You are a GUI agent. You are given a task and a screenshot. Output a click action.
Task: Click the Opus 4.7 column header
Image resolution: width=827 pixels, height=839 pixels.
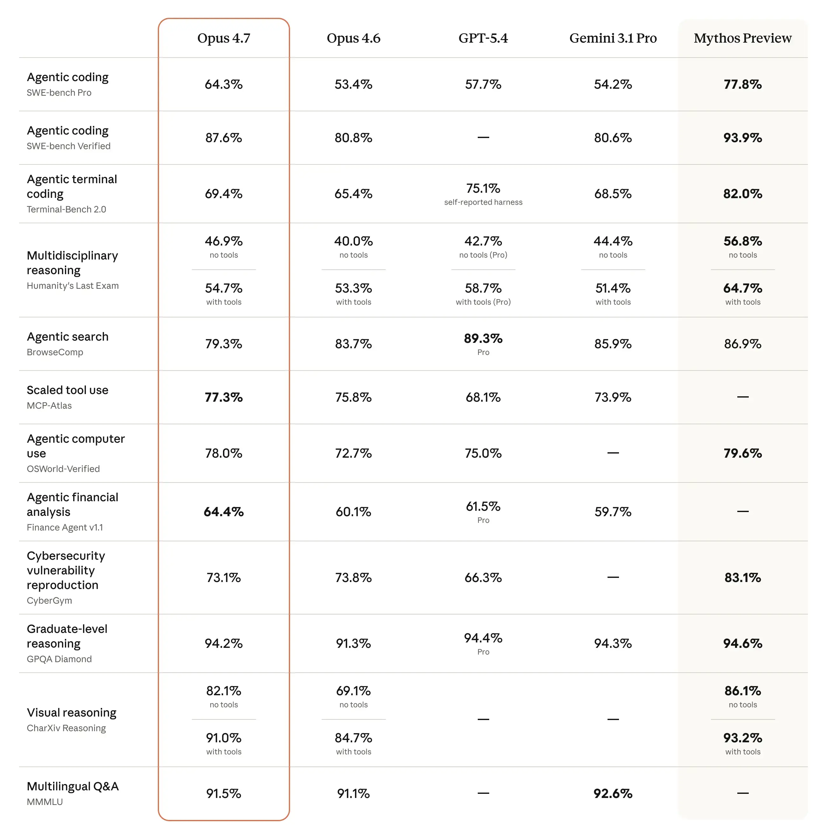pos(224,38)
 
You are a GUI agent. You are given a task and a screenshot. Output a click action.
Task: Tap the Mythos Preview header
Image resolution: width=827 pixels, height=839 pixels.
pos(742,38)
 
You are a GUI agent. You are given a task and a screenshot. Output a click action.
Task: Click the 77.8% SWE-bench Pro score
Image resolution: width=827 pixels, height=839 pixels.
pos(742,84)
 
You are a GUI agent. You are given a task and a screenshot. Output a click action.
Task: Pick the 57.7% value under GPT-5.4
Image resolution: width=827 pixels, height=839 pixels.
pos(483,84)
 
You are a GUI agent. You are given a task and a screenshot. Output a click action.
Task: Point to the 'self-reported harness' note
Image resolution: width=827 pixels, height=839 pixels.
pos(483,202)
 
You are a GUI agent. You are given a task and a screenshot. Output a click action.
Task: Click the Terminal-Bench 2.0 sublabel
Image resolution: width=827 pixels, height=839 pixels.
pos(66,209)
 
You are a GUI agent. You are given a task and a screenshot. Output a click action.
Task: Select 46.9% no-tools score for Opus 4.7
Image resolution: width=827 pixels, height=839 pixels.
pos(224,241)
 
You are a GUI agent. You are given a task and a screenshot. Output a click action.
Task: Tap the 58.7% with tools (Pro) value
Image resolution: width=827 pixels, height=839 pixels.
pos(483,288)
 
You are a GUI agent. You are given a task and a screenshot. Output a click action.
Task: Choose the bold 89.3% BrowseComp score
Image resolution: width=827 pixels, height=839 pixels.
pos(483,338)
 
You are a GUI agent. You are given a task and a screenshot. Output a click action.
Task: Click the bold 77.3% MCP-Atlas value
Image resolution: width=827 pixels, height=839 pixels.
pos(224,397)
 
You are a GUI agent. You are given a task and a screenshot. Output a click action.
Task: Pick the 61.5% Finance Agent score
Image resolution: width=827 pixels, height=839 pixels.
pos(483,506)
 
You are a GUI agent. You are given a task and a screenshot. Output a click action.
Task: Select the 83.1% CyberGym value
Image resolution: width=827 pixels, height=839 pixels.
pos(742,578)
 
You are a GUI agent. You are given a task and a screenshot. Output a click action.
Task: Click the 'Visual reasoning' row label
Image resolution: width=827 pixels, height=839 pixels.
pos(72,713)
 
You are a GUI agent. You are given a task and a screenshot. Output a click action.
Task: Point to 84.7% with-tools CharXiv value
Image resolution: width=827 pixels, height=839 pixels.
pos(353,738)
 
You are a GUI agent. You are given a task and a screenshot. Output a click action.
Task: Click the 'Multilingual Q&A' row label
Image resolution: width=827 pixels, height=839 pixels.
pos(73,787)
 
